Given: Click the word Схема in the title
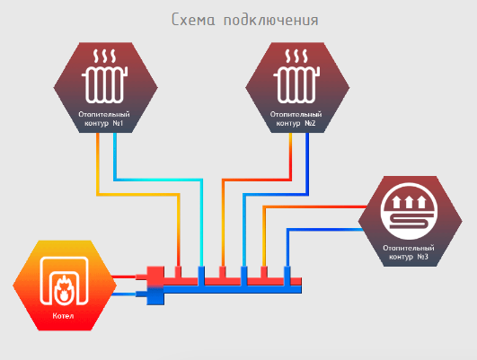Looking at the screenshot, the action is tap(193, 20).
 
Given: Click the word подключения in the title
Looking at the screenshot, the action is tap(271, 21).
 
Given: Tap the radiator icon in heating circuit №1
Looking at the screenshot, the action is tap(104, 76).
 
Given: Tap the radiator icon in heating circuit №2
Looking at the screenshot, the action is tap(296, 76).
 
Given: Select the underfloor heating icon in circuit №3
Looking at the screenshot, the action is tap(409, 211).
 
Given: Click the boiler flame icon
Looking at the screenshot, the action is tap(64, 281).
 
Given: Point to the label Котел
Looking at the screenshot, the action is tap(63, 316).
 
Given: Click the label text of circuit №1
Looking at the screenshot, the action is tap(104, 119).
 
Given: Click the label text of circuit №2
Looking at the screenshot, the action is tap(296, 119).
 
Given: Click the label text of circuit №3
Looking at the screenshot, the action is tap(409, 252).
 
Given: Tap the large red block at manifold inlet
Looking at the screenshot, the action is tap(155, 277).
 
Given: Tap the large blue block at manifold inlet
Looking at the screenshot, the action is tap(155, 295).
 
